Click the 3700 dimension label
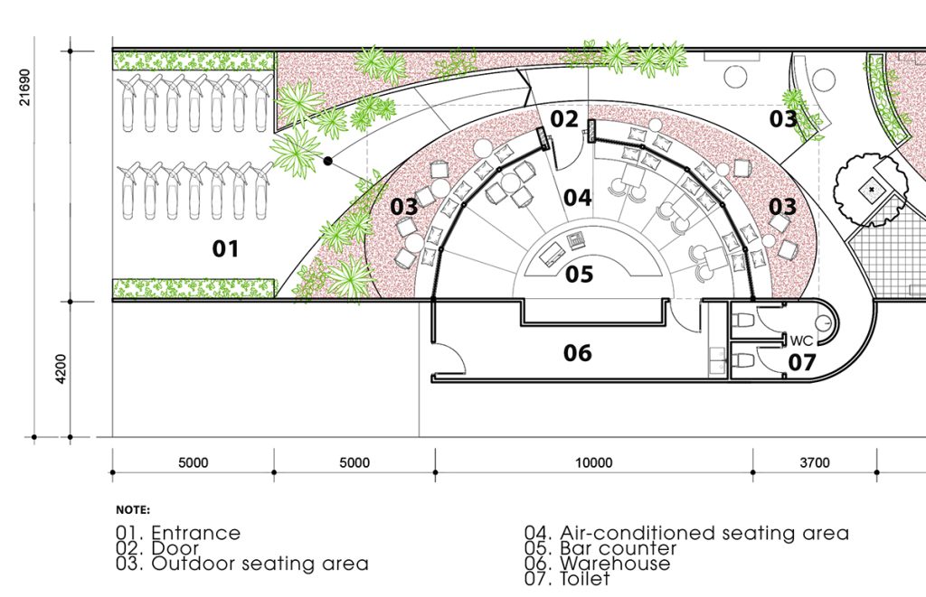point(815,463)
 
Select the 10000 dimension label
point(593,463)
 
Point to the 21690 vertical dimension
point(24,88)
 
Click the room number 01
point(225,249)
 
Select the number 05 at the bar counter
point(579,275)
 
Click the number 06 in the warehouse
point(577,353)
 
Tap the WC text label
point(801,340)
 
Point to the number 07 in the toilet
point(802,362)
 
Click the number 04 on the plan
point(577,198)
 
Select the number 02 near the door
point(564,119)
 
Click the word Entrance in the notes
point(196,533)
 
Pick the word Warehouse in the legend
point(615,564)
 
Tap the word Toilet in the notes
point(585,579)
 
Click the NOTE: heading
point(133,509)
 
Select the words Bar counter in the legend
point(618,548)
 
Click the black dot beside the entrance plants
point(327,161)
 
